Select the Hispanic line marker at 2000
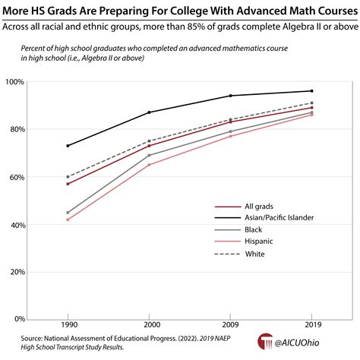click(149, 165)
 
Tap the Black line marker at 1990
click(68, 213)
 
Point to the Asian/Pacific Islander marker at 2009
click(230, 96)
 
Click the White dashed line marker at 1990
click(68, 176)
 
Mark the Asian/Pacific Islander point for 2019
click(312, 91)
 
